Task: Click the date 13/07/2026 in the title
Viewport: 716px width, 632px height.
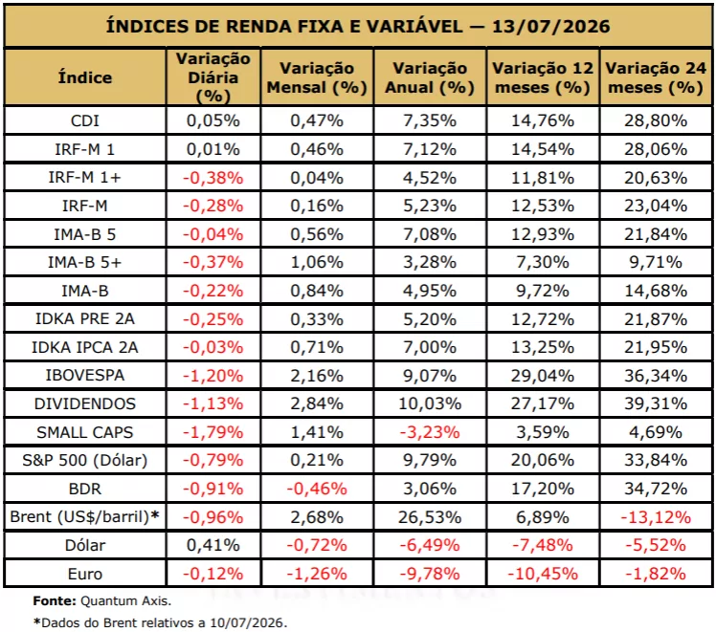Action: click(x=550, y=27)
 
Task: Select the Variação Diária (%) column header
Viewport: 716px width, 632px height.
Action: click(x=213, y=77)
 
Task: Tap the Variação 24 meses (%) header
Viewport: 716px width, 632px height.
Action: click(x=656, y=77)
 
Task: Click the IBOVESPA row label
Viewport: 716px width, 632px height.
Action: click(x=85, y=375)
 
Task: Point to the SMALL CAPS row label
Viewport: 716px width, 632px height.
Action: click(x=85, y=432)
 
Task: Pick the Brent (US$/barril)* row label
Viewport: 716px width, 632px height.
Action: click(x=85, y=516)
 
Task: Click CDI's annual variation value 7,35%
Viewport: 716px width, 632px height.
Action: click(x=430, y=120)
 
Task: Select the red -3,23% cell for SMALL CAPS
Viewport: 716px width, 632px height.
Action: click(x=430, y=432)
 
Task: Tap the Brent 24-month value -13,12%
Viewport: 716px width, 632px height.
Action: click(x=656, y=517)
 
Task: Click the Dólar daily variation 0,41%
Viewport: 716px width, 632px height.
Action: click(x=213, y=545)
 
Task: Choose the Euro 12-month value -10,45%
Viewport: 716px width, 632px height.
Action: click(x=543, y=574)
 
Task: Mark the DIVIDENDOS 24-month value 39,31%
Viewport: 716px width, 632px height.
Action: click(x=656, y=403)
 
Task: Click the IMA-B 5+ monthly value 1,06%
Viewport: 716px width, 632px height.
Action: click(x=317, y=262)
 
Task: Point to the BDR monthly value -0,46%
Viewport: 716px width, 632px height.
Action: click(x=317, y=489)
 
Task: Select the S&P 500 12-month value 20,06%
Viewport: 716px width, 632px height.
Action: click(x=543, y=460)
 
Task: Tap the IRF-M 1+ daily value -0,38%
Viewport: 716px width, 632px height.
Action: click(x=213, y=178)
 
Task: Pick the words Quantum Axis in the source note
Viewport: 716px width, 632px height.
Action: click(x=124, y=601)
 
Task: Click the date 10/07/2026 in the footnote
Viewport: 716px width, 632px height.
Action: click(x=247, y=622)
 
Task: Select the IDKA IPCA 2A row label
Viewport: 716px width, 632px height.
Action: click(x=85, y=347)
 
